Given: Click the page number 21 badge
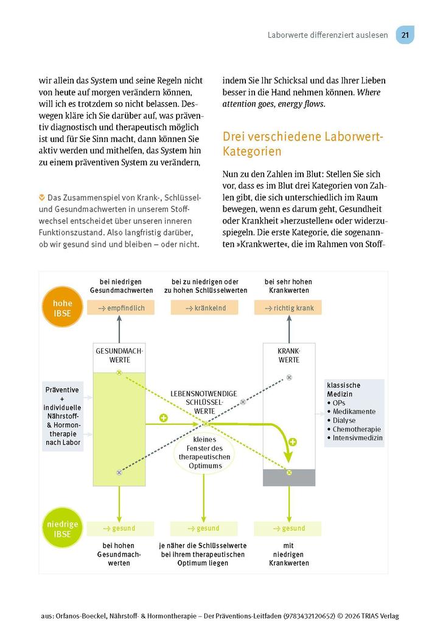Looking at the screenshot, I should coord(405,35).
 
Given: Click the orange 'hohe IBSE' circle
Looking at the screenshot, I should coord(63,308).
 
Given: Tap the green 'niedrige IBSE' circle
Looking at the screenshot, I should coord(63,529).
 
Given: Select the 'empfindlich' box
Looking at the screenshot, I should coord(120,308).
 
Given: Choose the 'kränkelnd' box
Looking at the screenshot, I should coord(204,308).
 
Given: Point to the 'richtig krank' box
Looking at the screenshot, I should coord(288,308).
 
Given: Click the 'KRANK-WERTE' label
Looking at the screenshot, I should coord(288,356).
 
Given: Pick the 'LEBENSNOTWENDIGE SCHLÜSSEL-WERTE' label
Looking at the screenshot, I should coord(204,402).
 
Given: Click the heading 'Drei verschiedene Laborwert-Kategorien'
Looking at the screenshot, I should coord(302,144).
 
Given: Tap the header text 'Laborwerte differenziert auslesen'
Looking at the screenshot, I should coord(327,35).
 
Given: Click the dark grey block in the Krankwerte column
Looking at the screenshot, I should coord(288,478).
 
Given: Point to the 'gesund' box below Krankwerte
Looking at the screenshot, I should coord(288,528).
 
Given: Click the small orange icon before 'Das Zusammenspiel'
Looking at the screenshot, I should coord(41,198).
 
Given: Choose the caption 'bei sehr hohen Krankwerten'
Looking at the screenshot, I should coord(288,286).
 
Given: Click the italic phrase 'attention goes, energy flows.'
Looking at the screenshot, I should coord(274,104).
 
